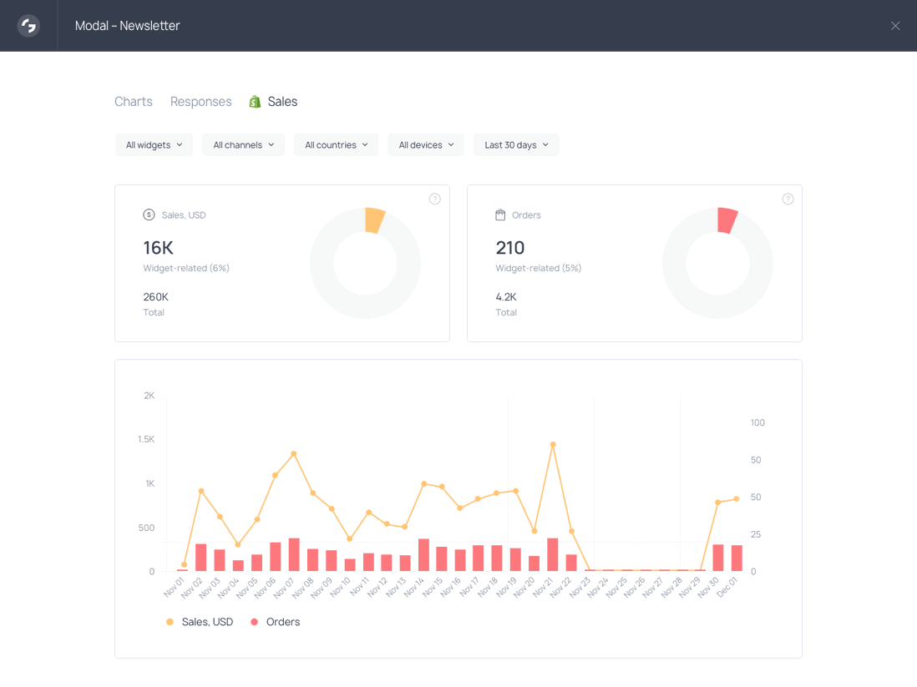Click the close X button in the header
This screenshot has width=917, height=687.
coord(894,26)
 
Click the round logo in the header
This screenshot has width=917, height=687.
coord(28,26)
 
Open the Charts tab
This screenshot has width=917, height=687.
coord(134,102)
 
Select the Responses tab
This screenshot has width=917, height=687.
coord(201,102)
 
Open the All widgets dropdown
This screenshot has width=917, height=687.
coord(154,145)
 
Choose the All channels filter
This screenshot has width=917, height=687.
coord(243,145)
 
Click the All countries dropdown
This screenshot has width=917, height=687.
coord(336,145)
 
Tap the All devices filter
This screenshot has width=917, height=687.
coord(426,145)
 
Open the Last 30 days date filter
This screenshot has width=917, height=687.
coord(516,145)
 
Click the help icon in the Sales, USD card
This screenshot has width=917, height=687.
coord(434,199)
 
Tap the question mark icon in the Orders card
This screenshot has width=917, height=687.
coord(788,199)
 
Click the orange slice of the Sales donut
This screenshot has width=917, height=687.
coord(375,220)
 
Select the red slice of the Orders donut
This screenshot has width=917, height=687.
coord(727,220)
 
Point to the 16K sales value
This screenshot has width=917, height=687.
coord(158,248)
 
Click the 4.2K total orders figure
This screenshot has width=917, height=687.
coord(506,296)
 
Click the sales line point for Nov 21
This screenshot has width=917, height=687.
coord(553,444)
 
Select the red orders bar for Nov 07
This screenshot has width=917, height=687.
coord(294,554)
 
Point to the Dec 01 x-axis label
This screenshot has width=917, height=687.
coord(727,587)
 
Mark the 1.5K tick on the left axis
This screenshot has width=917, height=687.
coord(146,439)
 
